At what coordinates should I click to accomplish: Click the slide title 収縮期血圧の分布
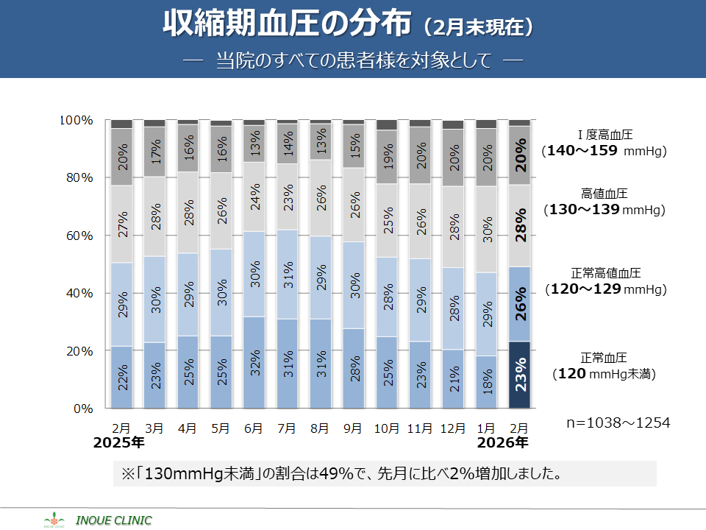pyautogui.click(x=287, y=24)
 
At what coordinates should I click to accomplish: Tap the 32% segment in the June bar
pyautogui.click(x=254, y=363)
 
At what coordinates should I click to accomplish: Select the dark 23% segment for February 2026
pyautogui.click(x=519, y=375)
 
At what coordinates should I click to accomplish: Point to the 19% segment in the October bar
pyautogui.click(x=387, y=157)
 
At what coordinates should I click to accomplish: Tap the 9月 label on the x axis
pyautogui.click(x=352, y=428)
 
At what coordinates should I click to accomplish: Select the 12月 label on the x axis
pyautogui.click(x=453, y=428)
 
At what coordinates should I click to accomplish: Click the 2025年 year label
pyautogui.click(x=118, y=443)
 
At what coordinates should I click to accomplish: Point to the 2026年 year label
pyautogui.click(x=502, y=443)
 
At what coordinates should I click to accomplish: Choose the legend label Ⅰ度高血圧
pyautogui.click(x=605, y=135)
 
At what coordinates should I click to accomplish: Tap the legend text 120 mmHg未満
pyautogui.click(x=604, y=374)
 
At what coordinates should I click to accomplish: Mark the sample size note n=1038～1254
pyautogui.click(x=618, y=423)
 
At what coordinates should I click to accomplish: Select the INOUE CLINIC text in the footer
pyautogui.click(x=115, y=520)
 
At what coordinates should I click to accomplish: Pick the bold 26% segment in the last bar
pyautogui.click(x=519, y=304)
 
